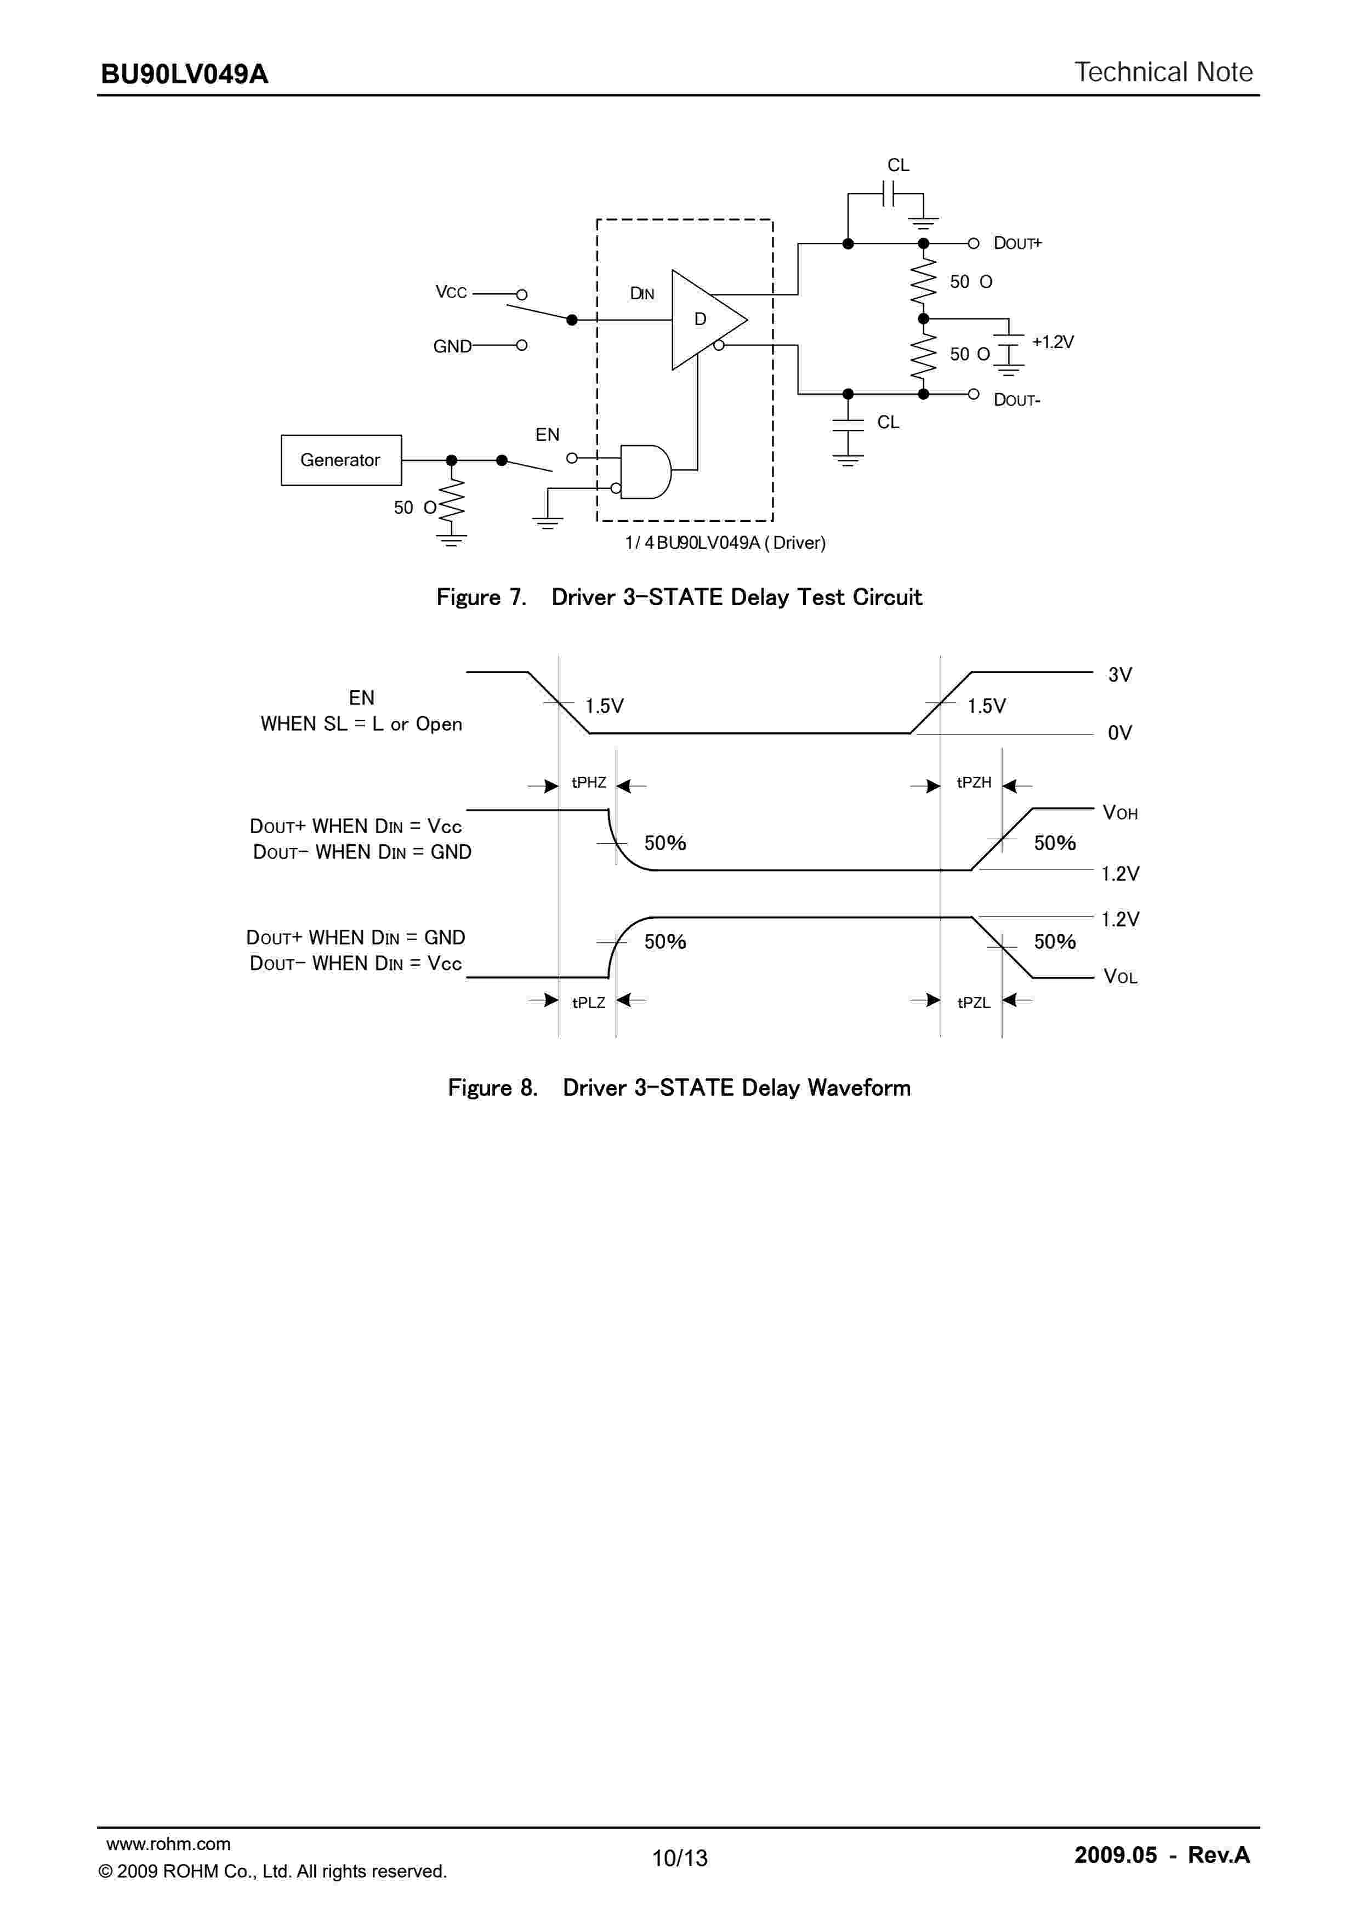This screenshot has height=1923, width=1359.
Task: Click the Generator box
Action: (x=341, y=460)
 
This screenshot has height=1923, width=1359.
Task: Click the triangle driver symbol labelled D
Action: (x=703, y=319)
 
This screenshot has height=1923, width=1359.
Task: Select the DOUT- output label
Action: (x=1016, y=400)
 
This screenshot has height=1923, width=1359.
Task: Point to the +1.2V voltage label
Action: (x=1053, y=342)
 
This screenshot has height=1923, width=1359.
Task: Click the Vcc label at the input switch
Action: (x=451, y=292)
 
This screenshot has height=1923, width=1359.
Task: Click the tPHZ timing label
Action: (x=589, y=782)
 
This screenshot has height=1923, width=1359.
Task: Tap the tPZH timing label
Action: (x=974, y=782)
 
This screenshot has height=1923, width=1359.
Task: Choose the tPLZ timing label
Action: (x=589, y=1003)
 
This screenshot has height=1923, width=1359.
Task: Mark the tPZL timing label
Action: (x=974, y=1003)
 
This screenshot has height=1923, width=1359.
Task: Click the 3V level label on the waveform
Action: (x=1119, y=675)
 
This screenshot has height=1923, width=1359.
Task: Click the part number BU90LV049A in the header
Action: (x=184, y=75)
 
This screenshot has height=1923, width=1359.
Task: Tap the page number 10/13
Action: (x=680, y=1858)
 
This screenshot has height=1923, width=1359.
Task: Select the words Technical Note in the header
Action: (x=1163, y=73)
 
